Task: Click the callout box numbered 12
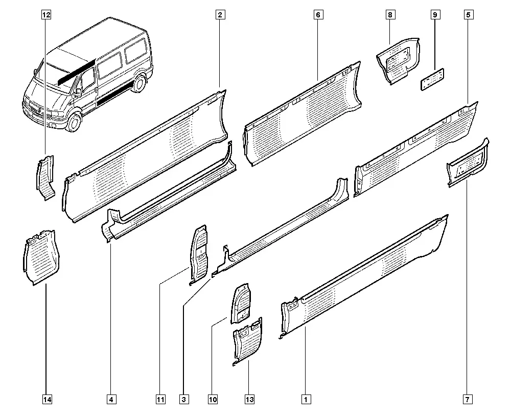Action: (x=47, y=15)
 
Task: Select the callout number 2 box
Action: (x=220, y=15)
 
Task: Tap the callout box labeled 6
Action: (x=318, y=15)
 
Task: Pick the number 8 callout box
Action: (x=390, y=15)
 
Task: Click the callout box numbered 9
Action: (x=435, y=15)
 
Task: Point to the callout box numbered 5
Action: (x=468, y=15)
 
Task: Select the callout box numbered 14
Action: (x=47, y=400)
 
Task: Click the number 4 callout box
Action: (x=111, y=400)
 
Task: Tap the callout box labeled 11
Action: (x=160, y=400)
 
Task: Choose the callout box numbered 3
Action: (x=184, y=400)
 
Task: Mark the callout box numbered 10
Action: (x=213, y=400)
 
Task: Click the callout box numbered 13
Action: (x=250, y=400)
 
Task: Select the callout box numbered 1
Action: (x=306, y=400)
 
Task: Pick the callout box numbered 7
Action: (x=468, y=400)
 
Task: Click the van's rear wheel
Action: (x=139, y=83)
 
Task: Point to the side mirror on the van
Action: (x=78, y=92)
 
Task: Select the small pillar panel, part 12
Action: (x=45, y=178)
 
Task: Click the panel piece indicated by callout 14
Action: (x=41, y=258)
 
